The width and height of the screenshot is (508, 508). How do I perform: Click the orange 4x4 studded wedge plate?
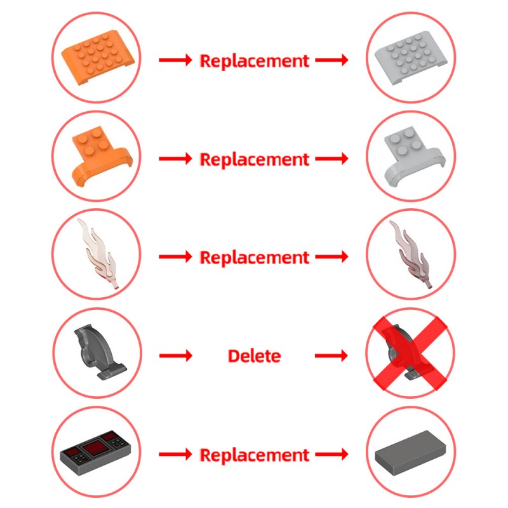click(98, 57)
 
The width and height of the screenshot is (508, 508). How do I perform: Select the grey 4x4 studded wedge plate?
click(411, 58)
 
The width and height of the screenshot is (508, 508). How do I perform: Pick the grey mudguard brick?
click(414, 156)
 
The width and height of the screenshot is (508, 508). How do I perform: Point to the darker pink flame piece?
click(411, 253)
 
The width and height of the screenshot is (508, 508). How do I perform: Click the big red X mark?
click(411, 353)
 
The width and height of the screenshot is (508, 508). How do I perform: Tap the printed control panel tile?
click(97, 452)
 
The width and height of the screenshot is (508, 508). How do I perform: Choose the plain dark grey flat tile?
click(410, 453)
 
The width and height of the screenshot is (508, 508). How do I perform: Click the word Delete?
click(255, 356)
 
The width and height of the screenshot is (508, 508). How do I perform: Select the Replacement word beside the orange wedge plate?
click(255, 61)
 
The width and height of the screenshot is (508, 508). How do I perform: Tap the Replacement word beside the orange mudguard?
click(255, 159)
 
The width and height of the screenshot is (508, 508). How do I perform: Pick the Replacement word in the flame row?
click(255, 258)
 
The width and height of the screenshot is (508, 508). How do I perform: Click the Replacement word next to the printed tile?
click(255, 455)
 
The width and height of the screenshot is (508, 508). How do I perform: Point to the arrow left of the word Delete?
click(176, 356)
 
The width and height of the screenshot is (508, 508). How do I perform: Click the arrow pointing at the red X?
click(331, 356)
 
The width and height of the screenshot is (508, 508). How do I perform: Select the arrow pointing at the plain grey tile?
click(331, 454)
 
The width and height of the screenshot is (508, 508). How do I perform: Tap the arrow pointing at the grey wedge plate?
click(331, 60)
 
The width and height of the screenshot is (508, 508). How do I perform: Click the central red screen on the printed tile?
click(95, 448)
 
